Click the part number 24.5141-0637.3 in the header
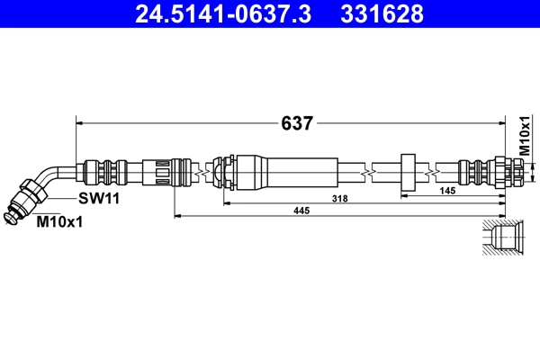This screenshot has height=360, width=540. click(223, 13)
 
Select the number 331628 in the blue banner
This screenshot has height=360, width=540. click(382, 13)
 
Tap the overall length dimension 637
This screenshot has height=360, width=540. click(297, 123)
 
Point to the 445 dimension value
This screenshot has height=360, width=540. click(301, 210)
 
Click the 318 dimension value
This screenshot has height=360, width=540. click(339, 198)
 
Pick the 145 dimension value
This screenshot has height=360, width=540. click(447, 191)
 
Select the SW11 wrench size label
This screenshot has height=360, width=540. click(99, 198)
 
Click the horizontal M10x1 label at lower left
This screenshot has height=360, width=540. click(59, 222)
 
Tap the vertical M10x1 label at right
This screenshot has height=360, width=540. click(525, 136)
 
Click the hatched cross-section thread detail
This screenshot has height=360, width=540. click(502, 238)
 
